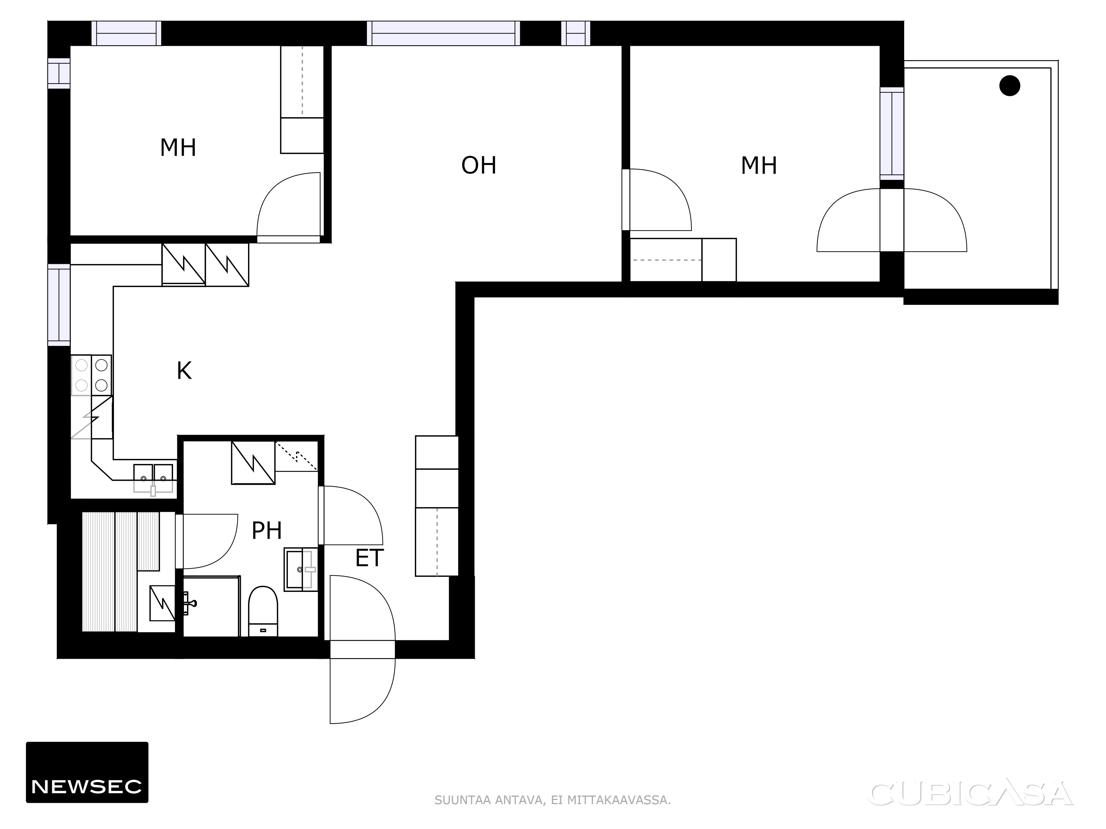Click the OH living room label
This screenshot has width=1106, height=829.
coord(479,166)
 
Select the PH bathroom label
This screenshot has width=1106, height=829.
coord(267,531)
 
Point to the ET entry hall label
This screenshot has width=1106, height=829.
coord(369,558)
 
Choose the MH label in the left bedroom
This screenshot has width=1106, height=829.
coord(178,148)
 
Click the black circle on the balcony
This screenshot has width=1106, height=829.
coord(1010,85)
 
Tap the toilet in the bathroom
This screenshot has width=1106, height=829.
coord(263,611)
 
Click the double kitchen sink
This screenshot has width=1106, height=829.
coord(153,479)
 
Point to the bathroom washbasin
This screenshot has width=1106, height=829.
coord(301,569)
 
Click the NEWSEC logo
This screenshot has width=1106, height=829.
coord(87,772)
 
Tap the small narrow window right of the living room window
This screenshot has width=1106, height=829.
coord(575,33)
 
